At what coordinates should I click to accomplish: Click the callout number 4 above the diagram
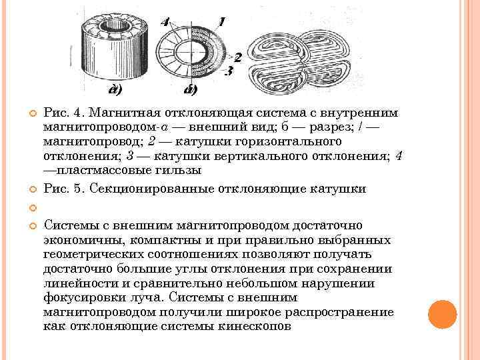click(x=165, y=22)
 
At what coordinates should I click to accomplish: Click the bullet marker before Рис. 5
click(x=31, y=189)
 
